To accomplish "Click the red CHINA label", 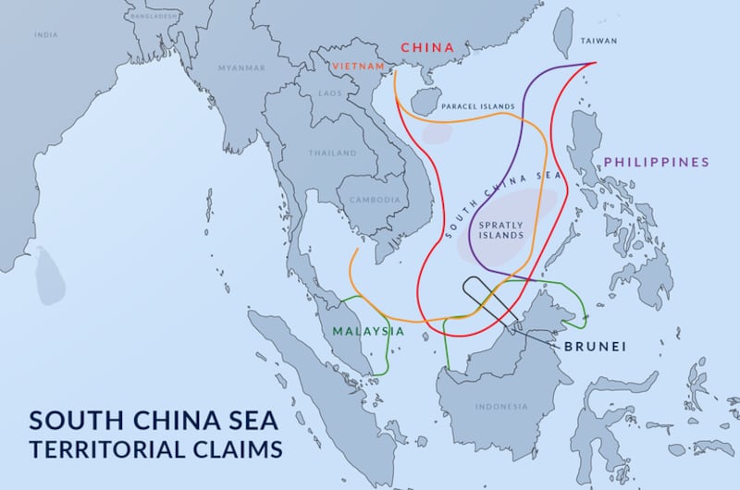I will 426,47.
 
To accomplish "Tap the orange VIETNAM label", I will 361,66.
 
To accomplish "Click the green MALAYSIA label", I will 368,331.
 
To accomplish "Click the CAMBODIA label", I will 375,200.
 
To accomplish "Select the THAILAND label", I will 333,153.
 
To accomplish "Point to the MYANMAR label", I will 240,68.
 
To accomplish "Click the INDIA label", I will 45,34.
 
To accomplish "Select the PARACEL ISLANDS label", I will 477,107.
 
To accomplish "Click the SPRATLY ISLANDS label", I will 499,228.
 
